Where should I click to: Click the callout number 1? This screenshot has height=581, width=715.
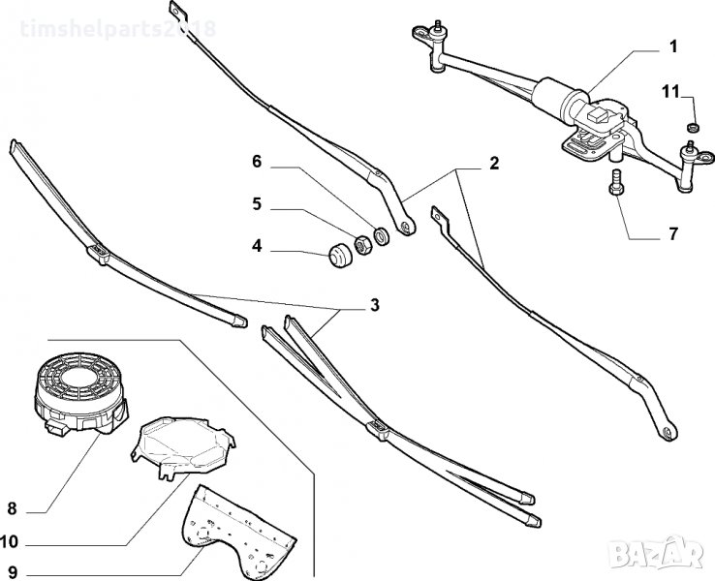click(x=671, y=46)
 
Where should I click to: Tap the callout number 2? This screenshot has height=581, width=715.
click(x=493, y=163)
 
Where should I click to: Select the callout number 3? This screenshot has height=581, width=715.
click(x=374, y=305)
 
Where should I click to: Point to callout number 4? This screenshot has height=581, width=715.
click(x=257, y=247)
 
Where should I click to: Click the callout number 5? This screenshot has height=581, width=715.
click(x=257, y=204)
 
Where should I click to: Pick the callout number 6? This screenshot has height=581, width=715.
click(x=257, y=162)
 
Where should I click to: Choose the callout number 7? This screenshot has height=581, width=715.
click(x=671, y=234)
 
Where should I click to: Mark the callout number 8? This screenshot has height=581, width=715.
click(x=13, y=507)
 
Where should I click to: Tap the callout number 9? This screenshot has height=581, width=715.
click(x=13, y=571)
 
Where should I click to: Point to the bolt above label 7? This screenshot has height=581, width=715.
click(x=614, y=182)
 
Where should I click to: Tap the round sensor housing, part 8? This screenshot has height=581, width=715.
click(x=79, y=387)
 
